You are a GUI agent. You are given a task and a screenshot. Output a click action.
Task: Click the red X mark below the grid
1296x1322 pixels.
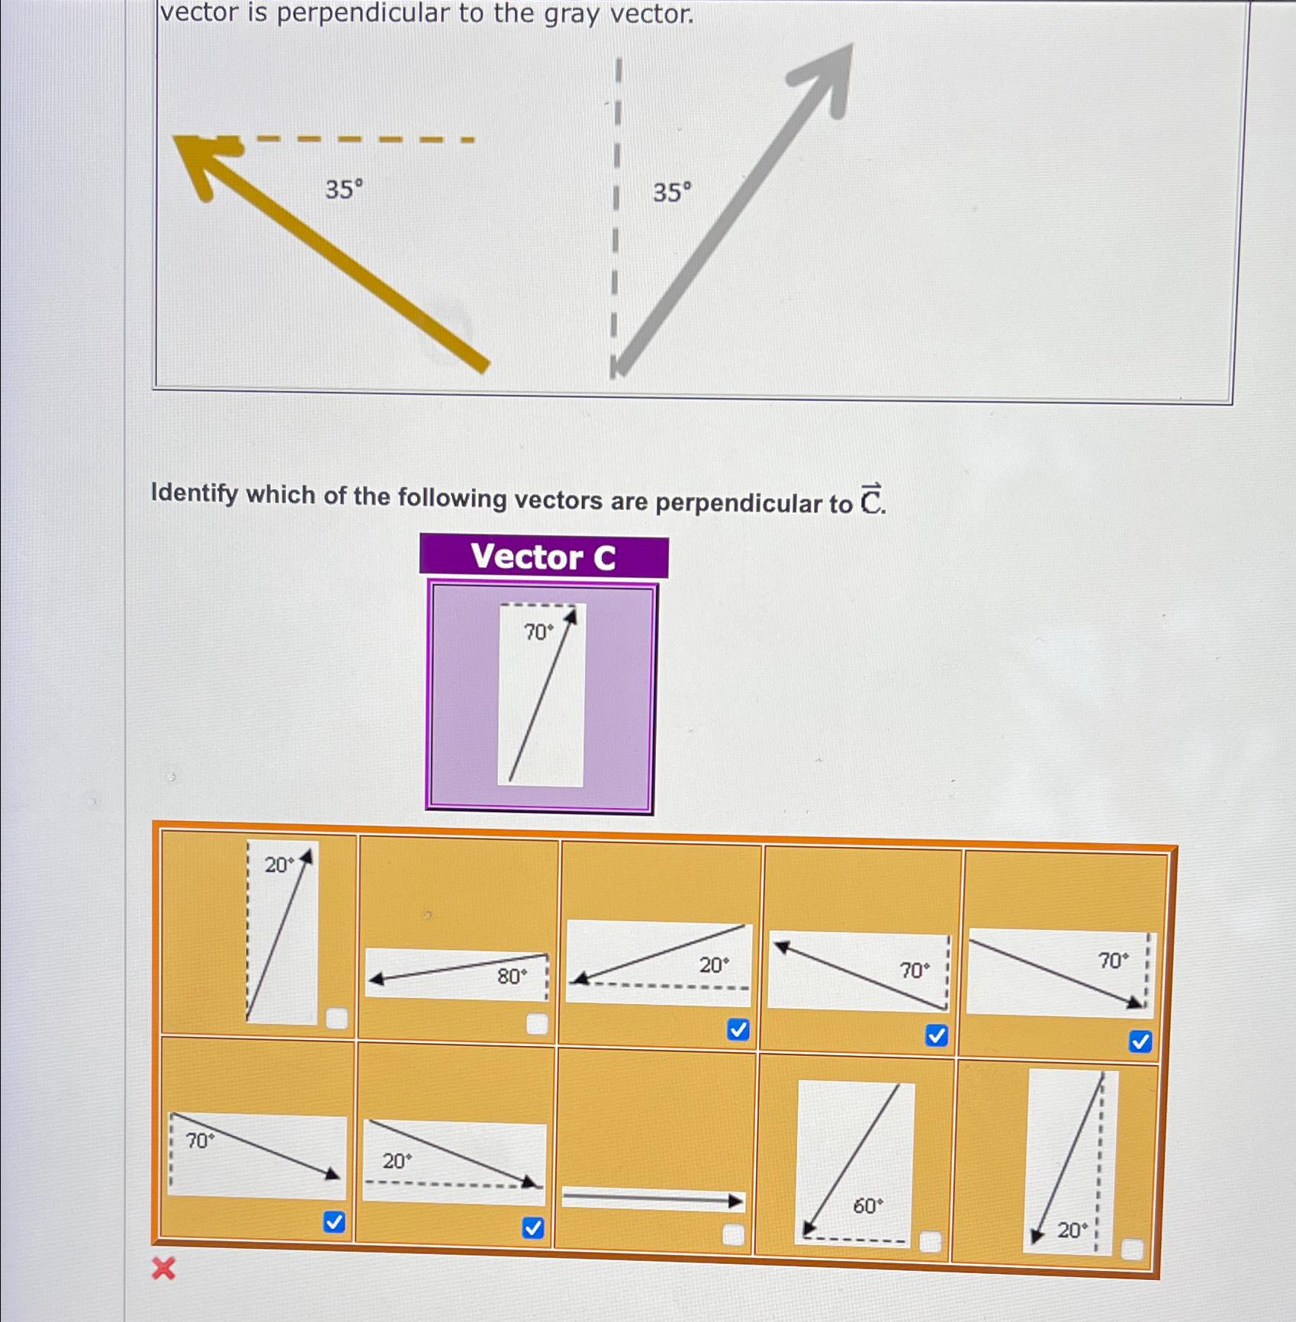pos(163,1269)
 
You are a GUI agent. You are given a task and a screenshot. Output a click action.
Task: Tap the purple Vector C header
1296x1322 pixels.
pos(543,556)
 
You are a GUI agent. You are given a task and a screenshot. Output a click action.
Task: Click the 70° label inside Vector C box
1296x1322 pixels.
pos(538,632)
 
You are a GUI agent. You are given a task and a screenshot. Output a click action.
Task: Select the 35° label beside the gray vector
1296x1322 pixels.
pos(672,192)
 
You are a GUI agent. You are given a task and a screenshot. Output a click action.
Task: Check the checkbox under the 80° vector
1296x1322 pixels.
pos(537,1024)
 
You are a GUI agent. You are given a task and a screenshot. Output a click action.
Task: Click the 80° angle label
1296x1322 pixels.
pos(512,977)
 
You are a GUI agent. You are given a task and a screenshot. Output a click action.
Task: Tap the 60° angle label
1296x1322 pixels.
pos(868,1206)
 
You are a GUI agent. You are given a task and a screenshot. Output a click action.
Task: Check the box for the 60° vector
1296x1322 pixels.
pos(930,1242)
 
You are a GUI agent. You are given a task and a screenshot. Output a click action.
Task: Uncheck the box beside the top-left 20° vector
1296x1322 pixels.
pos(336,1019)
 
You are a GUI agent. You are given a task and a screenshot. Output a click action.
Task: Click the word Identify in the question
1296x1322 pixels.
pos(195,493)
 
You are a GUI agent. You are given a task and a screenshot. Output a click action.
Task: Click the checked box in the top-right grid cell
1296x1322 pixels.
pos(1140,1041)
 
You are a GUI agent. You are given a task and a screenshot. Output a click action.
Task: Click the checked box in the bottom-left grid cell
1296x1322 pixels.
pos(334,1222)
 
